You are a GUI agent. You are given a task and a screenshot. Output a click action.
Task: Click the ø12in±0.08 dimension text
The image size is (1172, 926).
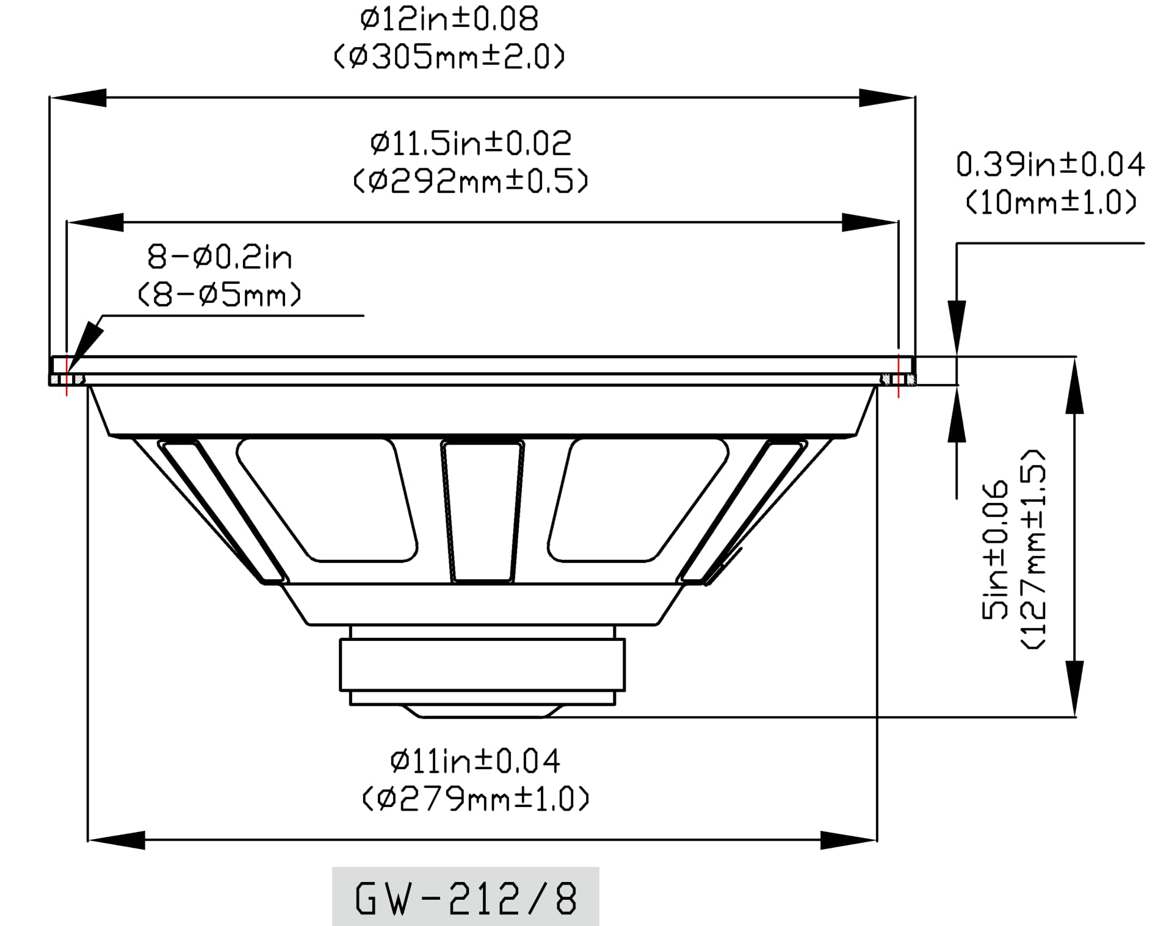point(449,20)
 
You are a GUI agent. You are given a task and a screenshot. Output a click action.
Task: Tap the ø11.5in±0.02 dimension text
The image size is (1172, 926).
point(470,143)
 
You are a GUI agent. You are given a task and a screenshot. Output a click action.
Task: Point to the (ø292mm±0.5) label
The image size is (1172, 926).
point(470,181)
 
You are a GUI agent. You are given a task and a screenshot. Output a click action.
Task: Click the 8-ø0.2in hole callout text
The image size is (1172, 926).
point(220,258)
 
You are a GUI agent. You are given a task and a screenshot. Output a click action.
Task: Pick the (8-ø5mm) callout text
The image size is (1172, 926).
point(220,295)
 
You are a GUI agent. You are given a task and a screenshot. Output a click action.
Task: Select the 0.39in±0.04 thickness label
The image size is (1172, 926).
point(1050,165)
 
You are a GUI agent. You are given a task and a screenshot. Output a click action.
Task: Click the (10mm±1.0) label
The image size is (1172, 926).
point(1050,203)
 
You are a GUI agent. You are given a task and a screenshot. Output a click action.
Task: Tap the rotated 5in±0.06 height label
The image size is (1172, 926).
point(995,549)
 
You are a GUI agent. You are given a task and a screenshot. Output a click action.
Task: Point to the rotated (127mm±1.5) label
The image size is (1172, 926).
point(1033,549)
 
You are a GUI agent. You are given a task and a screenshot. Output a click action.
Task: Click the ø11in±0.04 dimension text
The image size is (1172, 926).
point(475,761)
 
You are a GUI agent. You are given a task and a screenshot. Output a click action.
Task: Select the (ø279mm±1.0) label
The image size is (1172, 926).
point(475,799)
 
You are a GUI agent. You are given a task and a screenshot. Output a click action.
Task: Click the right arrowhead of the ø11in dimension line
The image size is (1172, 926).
point(848,841)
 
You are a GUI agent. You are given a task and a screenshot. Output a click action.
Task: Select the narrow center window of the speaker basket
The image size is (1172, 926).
point(482,512)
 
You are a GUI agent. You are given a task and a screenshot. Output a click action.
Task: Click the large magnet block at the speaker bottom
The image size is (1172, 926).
point(482,664)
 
